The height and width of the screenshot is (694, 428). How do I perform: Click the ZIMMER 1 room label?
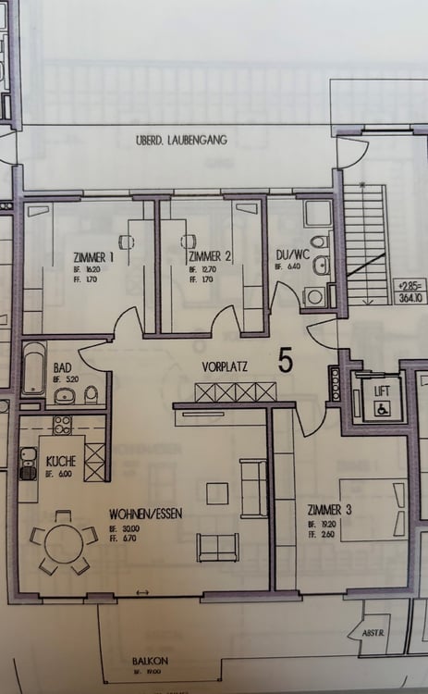point(92,256)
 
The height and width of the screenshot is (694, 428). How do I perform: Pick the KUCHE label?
point(60,460)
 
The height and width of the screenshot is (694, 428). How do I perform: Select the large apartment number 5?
point(285,361)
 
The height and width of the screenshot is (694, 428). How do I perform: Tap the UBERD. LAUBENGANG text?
point(179,141)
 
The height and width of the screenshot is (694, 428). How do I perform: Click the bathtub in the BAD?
point(33,367)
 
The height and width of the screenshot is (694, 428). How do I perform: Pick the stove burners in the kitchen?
point(64,426)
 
